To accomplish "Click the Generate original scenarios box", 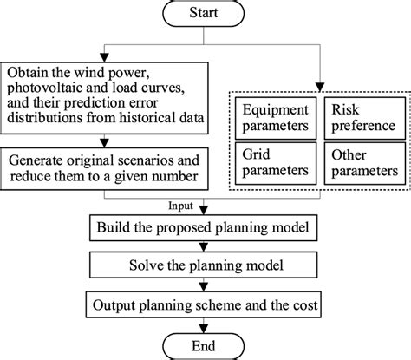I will [103, 169].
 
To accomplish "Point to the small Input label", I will [181, 207].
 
